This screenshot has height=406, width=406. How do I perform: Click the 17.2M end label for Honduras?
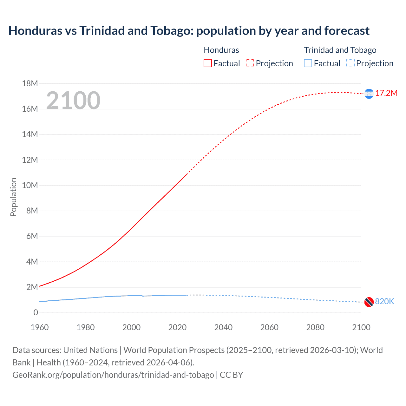point(386,93)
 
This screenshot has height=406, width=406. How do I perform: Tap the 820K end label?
point(384,301)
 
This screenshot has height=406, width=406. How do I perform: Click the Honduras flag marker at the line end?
point(369,94)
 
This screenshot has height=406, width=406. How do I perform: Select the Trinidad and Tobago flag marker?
point(369,302)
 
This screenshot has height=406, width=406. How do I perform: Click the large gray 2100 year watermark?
point(73,101)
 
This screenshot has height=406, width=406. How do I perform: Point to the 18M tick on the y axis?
point(30,83)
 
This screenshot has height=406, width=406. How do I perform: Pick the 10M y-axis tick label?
point(30,185)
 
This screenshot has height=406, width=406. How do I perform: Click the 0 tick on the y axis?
point(36,312)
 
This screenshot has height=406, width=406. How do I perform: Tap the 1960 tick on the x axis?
point(40,327)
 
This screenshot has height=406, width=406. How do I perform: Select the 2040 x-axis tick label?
point(223,327)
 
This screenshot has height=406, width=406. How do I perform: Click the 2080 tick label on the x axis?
point(315,327)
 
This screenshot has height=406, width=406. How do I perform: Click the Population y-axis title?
point(13,197)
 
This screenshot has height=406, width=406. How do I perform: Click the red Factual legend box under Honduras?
point(207,63)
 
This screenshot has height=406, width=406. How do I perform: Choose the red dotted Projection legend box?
point(250,63)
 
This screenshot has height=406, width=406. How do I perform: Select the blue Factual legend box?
point(308,63)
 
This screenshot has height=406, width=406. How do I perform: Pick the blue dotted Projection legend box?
point(350,63)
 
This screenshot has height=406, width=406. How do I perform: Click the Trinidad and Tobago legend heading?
point(340,50)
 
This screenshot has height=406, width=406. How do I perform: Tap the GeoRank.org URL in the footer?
point(113,375)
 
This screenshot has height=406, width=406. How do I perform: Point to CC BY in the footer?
point(231,375)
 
